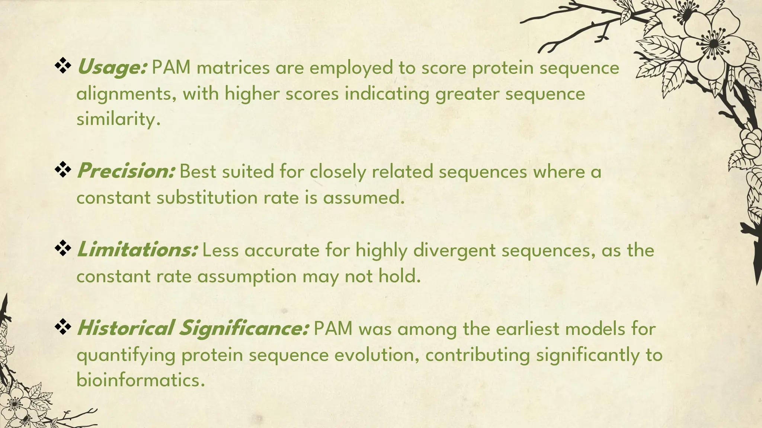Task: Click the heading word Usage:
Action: [112, 68]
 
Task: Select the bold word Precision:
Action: [126, 171]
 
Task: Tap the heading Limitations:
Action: [137, 250]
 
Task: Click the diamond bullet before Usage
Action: [63, 66]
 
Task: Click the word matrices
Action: [233, 68]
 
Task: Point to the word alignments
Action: [126, 94]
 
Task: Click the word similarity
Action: [118, 120]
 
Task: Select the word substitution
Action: [206, 197]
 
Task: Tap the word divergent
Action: [455, 250]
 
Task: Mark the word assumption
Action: [246, 277]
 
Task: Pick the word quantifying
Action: [126, 356]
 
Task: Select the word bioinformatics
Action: [140, 380]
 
